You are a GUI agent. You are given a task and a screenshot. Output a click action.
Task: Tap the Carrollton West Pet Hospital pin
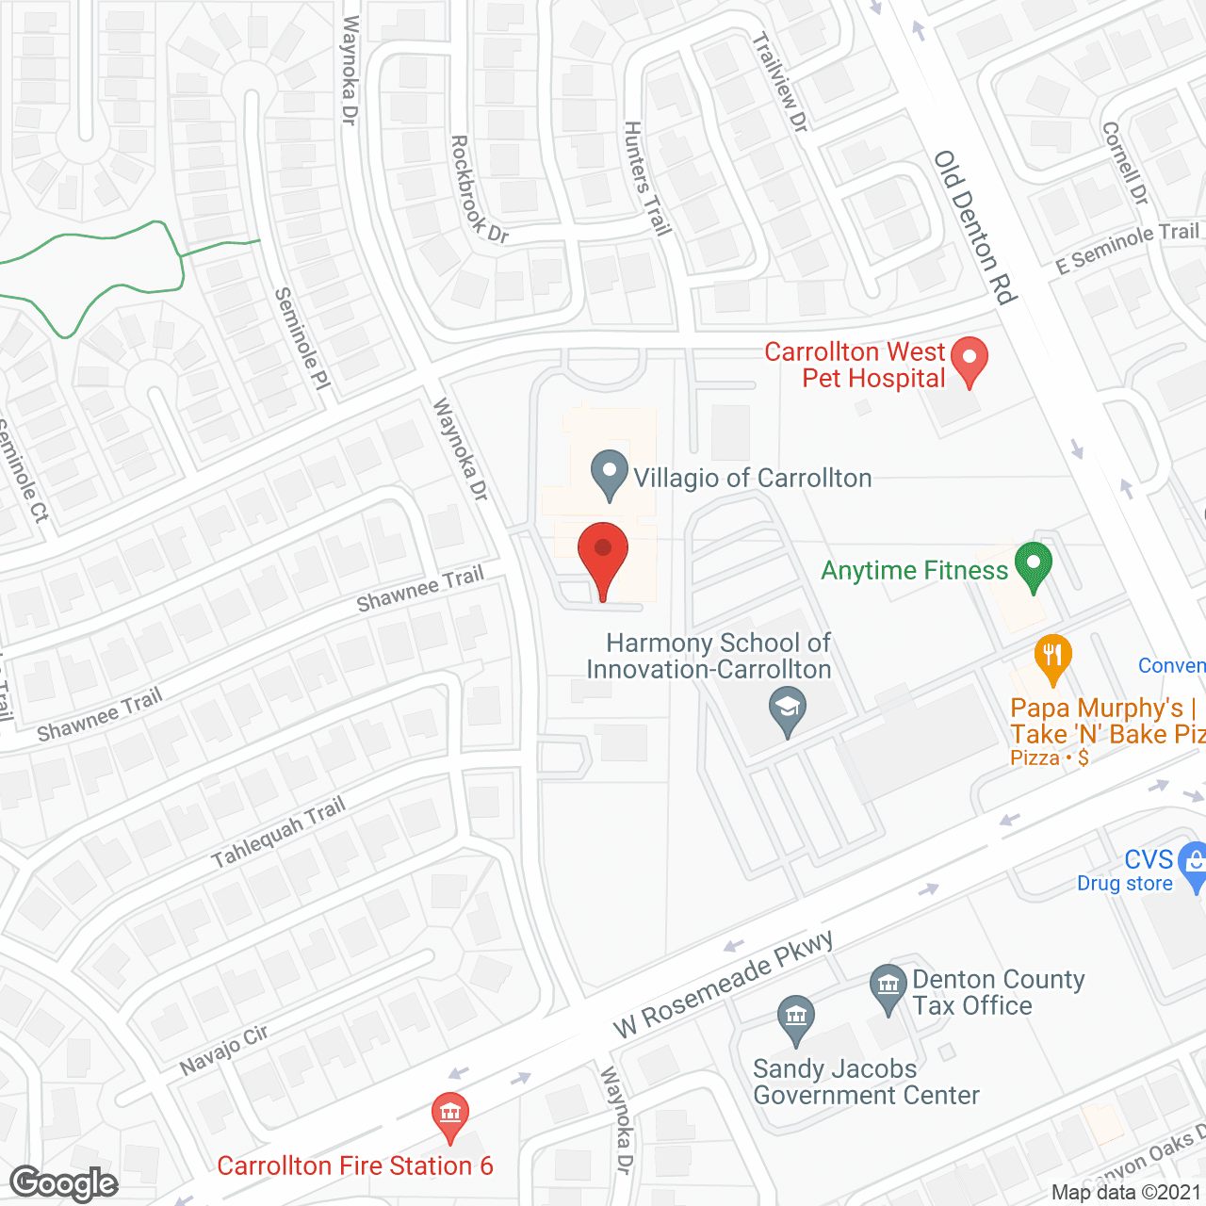pyautogui.click(x=969, y=362)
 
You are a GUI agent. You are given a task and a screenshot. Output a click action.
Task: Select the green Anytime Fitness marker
pyautogui.click(x=1033, y=566)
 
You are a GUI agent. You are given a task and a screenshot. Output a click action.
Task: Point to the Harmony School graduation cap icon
pyautogui.click(x=788, y=711)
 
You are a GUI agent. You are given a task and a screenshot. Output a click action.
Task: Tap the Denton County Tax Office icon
pyautogui.click(x=888, y=989)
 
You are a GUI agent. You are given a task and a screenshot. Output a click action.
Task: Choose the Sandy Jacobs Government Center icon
pyautogui.click(x=796, y=1019)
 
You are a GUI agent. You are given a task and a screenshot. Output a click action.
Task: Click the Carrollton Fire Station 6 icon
pyautogui.click(x=450, y=1116)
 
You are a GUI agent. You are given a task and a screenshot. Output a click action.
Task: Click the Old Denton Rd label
pyautogui.click(x=976, y=228)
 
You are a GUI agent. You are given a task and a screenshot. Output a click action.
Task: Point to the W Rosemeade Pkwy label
pyautogui.click(x=724, y=984)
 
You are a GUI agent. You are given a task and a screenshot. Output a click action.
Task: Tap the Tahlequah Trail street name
pyautogui.click(x=279, y=832)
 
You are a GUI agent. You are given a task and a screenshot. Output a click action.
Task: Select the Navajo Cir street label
pyautogui.click(x=224, y=1050)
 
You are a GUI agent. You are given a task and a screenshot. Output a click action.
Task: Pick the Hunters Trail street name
pyautogui.click(x=647, y=178)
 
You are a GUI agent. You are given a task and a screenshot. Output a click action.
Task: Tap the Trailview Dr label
pyautogui.click(x=781, y=83)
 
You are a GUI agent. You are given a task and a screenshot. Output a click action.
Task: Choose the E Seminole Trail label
pyautogui.click(x=1128, y=247)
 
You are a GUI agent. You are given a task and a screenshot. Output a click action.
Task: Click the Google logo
pyautogui.click(x=64, y=1183)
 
